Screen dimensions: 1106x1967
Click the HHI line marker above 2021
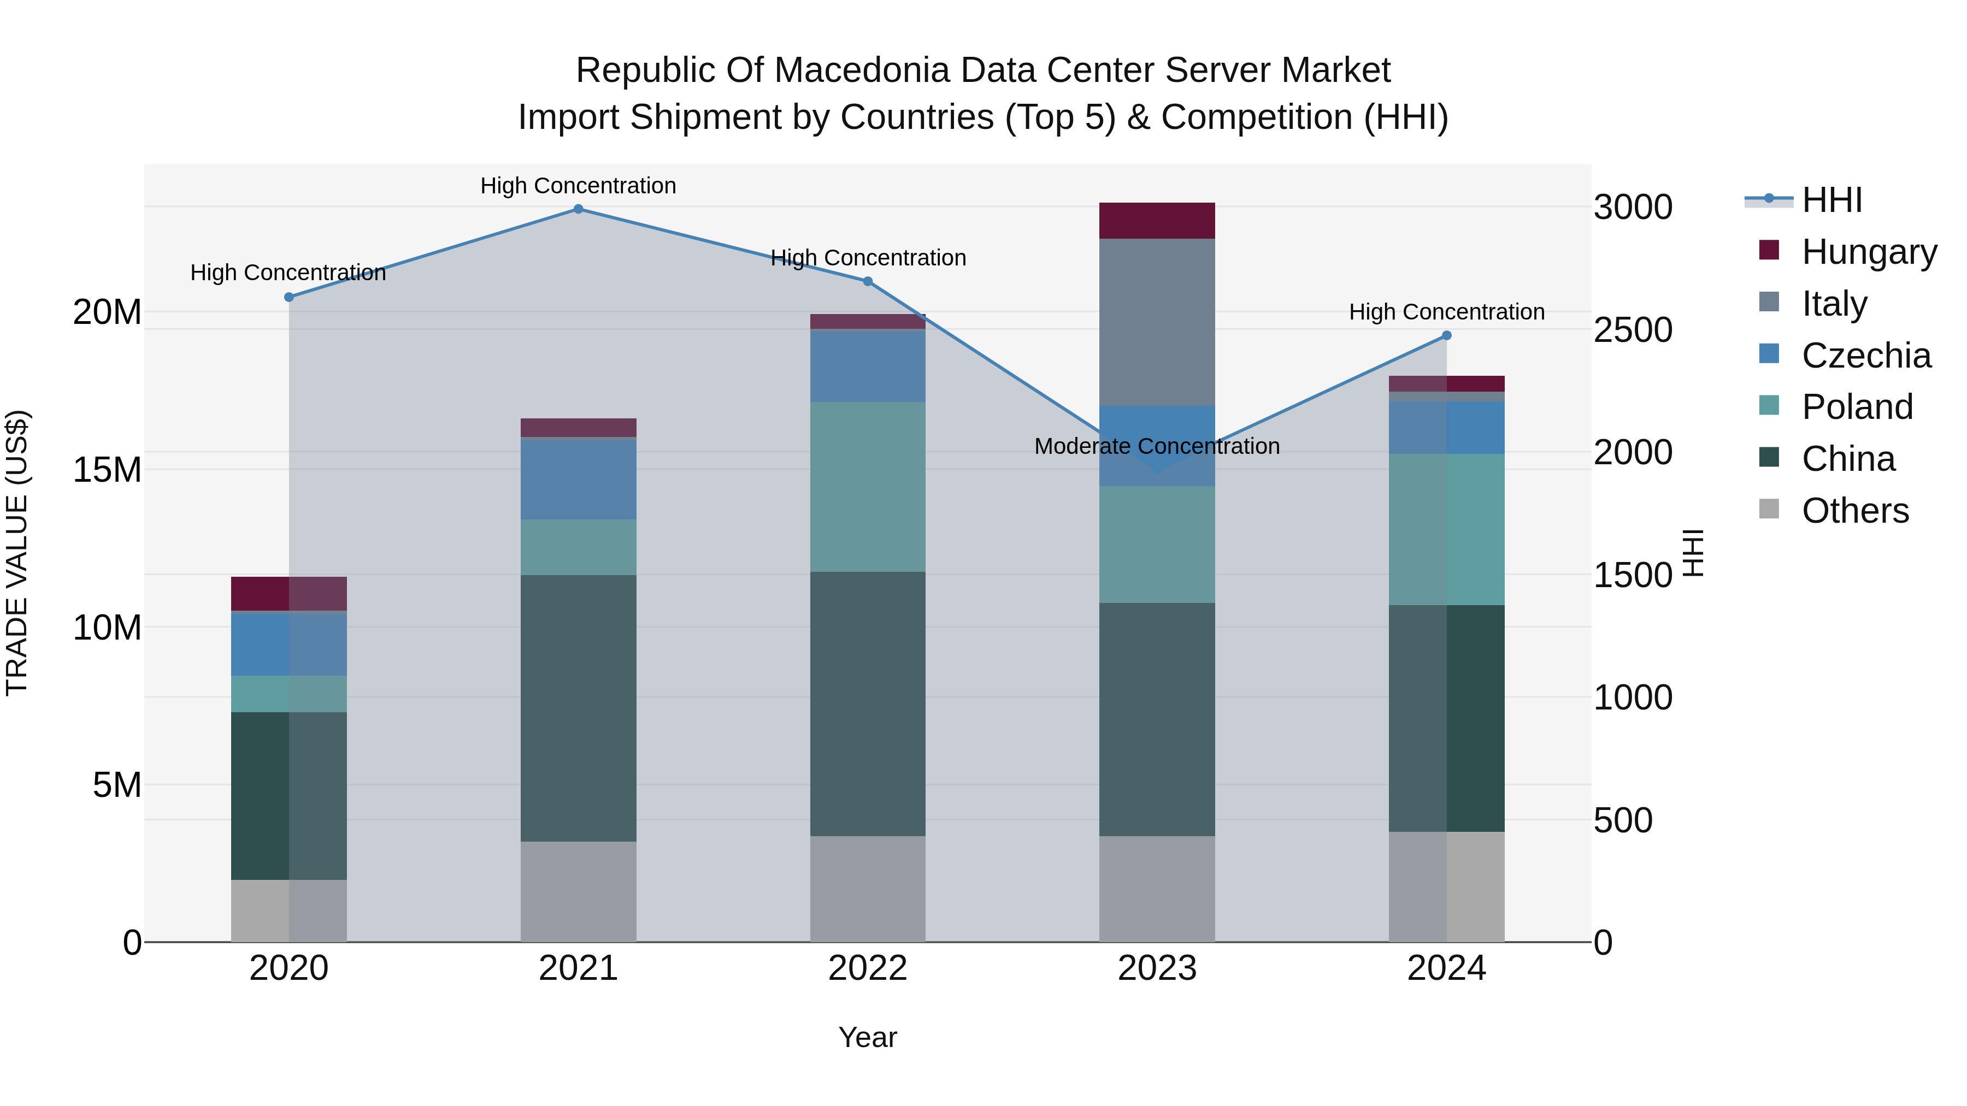(x=578, y=209)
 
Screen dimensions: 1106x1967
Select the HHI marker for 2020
(x=288, y=297)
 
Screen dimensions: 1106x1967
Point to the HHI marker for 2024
(x=1446, y=335)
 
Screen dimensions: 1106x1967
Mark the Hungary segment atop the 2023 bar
(x=1157, y=221)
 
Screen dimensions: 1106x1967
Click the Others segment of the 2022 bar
(x=868, y=889)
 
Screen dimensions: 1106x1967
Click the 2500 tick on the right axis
(x=1633, y=330)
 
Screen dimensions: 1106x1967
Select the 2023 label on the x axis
(x=1157, y=968)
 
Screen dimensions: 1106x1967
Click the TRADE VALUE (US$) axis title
(x=17, y=553)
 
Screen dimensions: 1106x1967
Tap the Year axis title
(x=868, y=1037)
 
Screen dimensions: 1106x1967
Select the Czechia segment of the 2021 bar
(x=578, y=480)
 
